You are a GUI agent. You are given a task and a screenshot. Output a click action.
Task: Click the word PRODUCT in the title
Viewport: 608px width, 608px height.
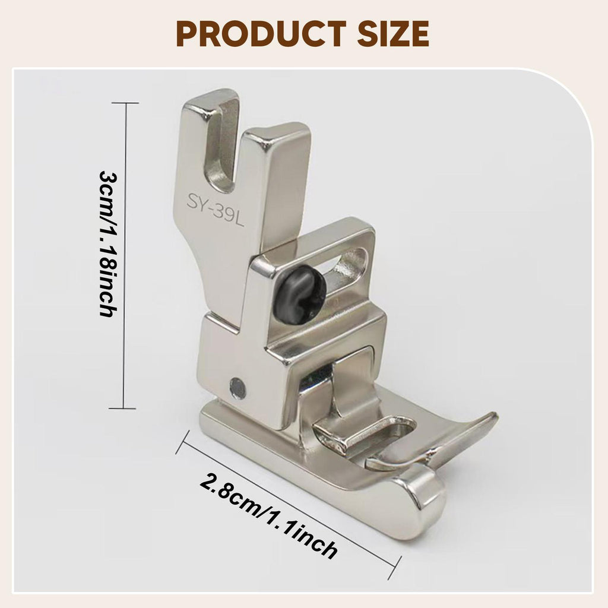pyautogui.click(x=261, y=34)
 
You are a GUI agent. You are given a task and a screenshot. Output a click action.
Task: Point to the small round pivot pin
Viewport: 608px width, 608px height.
pyautogui.click(x=238, y=387)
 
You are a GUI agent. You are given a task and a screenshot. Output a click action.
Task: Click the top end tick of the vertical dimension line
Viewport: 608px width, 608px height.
pyautogui.click(x=125, y=103)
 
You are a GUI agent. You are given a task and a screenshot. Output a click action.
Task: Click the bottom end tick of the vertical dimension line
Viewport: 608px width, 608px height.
pyautogui.click(x=123, y=408)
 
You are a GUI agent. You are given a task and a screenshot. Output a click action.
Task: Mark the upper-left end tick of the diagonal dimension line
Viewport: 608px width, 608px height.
pyautogui.click(x=183, y=442)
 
